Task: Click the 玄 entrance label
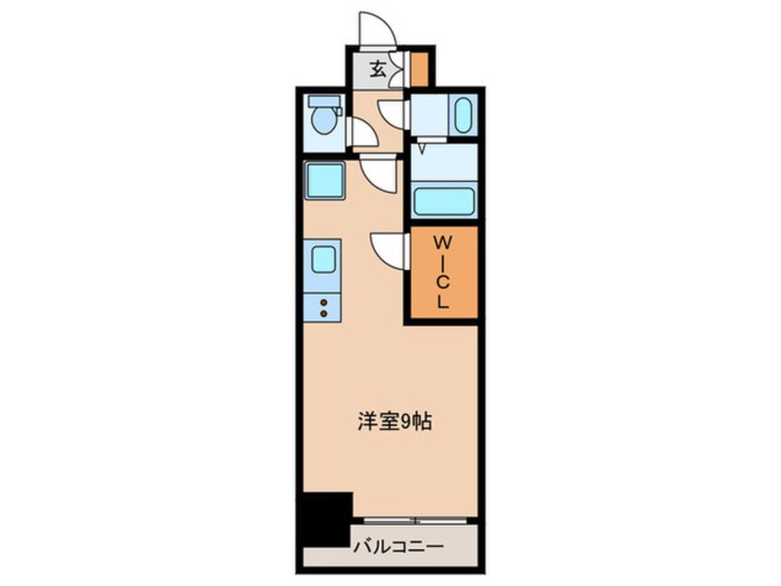[378, 68]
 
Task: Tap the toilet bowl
[324, 120]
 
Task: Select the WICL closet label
[442, 272]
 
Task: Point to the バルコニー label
[397, 548]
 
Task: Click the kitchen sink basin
[324, 260]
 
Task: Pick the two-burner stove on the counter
[324, 309]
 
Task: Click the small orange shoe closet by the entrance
[420, 69]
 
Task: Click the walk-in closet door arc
[390, 249]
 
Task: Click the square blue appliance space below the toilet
[324, 180]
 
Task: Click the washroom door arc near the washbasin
[395, 113]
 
